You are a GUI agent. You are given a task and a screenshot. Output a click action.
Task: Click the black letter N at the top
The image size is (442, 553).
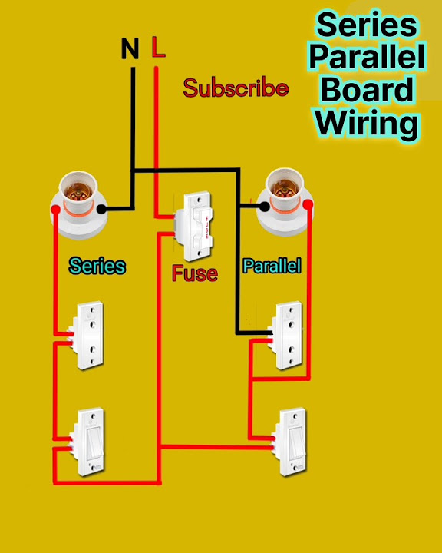coord(130,50)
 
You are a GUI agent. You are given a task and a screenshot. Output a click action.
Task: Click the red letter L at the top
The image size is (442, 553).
coord(158,48)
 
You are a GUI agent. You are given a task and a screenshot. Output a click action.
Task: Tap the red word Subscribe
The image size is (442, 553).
coord(236,88)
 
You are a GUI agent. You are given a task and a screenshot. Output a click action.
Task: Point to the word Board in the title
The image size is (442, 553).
coord(368,90)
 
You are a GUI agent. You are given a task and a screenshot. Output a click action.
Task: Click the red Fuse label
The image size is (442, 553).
coord(194,273)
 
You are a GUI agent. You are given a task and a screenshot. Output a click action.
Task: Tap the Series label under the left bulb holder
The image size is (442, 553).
coord(97,266)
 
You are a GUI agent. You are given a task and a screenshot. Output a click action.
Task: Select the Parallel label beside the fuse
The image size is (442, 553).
coord(272,267)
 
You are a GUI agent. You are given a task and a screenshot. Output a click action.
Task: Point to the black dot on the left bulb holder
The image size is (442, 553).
coord(101,207)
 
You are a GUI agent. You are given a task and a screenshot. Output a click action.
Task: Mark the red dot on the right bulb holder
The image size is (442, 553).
coord(308,204)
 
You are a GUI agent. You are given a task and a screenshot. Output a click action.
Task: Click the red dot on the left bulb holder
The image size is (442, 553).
coord(56,209)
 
